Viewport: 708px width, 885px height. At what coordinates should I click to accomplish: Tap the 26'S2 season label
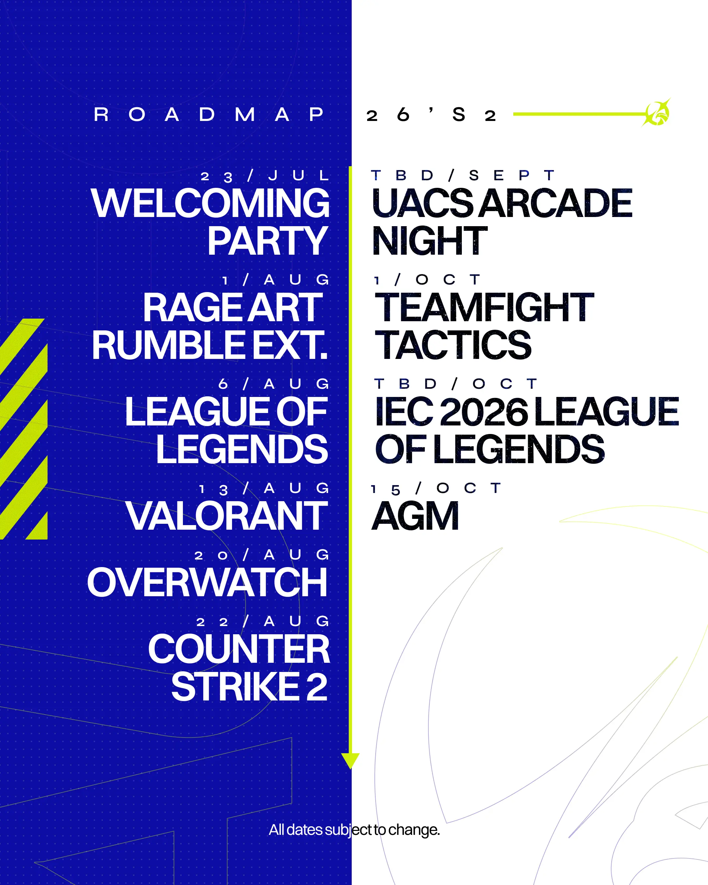coord(431,114)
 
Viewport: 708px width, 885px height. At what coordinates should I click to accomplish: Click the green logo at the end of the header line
coord(657,112)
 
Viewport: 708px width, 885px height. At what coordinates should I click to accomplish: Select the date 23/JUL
coord(265,176)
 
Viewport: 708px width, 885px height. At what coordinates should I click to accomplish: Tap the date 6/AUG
coord(273,384)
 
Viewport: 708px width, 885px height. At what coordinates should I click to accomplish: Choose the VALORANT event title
coord(226,516)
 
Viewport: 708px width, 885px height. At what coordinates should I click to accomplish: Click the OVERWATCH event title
coord(207,582)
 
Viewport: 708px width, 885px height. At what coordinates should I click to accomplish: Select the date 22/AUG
coord(263,621)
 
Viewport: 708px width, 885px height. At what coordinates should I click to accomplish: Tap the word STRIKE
coord(235,687)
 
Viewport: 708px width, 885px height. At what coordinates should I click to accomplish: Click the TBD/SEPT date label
coord(462,176)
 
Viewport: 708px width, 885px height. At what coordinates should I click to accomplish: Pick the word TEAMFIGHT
coord(484,307)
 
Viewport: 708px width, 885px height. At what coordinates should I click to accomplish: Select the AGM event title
coord(415,516)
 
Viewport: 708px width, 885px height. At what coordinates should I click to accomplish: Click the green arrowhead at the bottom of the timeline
coord(350,760)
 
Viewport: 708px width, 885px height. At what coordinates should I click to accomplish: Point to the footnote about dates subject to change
coord(354,830)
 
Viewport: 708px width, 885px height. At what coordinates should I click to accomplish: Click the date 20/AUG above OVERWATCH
coord(262,555)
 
